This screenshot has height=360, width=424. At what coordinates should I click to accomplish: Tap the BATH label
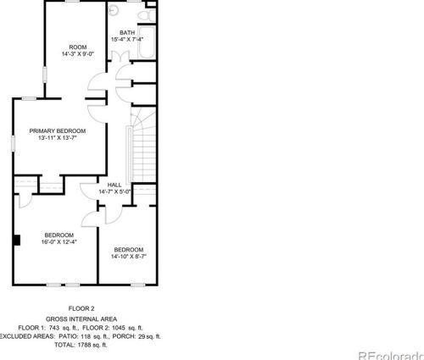coord(127,33)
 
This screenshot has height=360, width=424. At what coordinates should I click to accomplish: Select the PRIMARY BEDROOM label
coord(58,130)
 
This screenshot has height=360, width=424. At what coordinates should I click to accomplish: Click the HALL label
coord(114,186)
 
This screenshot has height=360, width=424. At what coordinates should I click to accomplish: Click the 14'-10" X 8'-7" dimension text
coord(129,257)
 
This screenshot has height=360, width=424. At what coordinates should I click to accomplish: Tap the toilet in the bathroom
coord(151,15)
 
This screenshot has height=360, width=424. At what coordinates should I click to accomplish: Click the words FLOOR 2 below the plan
coord(81,308)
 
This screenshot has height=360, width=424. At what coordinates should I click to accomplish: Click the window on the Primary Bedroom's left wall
coord(13,137)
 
